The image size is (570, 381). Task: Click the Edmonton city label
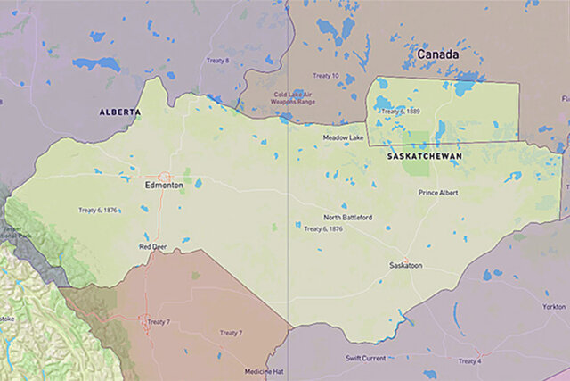164,186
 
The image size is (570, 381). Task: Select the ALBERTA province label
119,112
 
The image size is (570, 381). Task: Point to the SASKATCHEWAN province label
424,155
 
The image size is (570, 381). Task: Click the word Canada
437,54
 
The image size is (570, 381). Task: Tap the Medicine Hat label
265,370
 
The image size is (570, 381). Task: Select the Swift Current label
368,358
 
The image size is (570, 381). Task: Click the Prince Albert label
438,192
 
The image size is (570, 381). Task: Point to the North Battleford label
348,217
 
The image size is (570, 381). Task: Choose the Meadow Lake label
343,137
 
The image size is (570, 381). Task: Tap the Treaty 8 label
217,61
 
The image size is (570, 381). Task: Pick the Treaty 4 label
468,361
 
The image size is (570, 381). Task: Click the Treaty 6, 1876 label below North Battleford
323,229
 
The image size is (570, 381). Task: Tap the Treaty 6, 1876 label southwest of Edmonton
99,210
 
